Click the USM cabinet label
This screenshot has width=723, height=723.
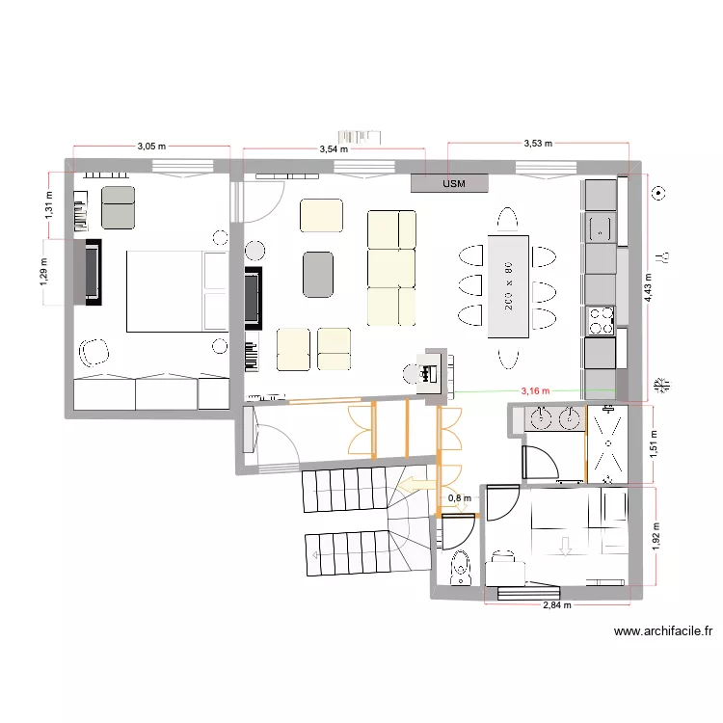click(451, 183)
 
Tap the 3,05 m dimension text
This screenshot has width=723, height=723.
click(151, 147)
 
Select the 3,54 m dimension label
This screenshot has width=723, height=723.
click(334, 149)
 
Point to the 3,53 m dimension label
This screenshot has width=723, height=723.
click(538, 143)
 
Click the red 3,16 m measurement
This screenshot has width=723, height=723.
click(534, 391)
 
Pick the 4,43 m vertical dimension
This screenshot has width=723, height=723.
click(649, 285)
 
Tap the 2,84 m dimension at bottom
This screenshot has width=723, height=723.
click(556, 605)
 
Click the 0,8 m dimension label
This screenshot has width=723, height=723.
click(460, 498)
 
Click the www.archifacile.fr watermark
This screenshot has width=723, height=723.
click(662, 632)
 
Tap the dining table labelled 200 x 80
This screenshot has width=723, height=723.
click(508, 285)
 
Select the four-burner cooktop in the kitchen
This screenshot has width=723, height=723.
click(601, 320)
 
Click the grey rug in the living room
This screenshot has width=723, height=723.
click(318, 274)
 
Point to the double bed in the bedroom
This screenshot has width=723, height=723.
click(174, 290)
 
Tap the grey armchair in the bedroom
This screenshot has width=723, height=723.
click(119, 207)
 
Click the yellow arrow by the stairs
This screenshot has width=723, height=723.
click(415, 484)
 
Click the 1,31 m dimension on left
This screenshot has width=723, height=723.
click(49, 205)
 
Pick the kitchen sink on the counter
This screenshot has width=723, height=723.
click(601, 228)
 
